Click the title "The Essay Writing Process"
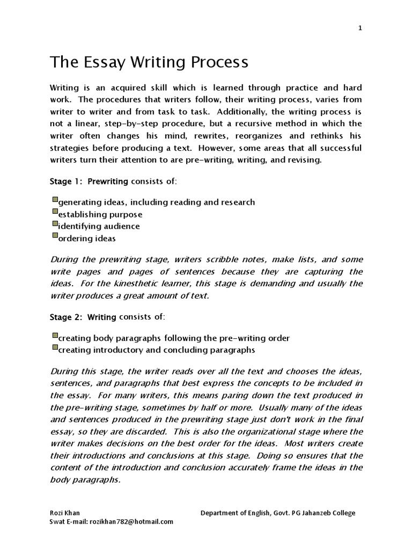coord(149,63)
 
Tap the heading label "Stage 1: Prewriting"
coord(89,182)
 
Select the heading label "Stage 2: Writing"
coord(83,317)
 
